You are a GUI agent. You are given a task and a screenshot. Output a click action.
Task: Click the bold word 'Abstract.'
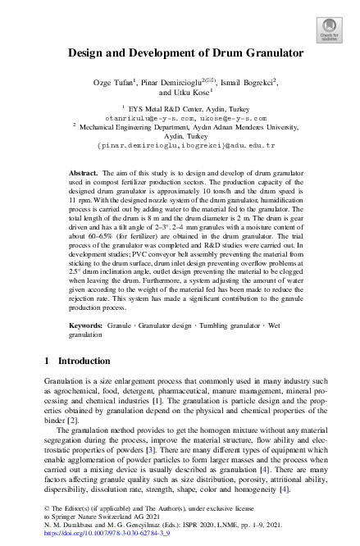(x=83, y=175)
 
